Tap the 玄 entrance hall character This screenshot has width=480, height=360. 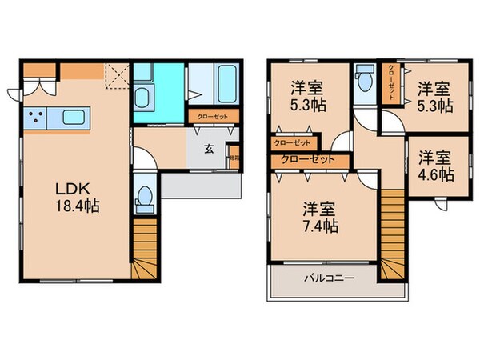[208, 148]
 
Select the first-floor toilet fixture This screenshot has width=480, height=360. [145, 197]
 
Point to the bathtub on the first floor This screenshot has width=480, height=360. [219, 82]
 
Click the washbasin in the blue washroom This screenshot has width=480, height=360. [145, 100]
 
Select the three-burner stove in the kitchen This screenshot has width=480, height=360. [36, 118]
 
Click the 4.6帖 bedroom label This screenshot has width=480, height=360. [434, 166]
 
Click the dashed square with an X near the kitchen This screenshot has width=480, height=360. [117, 77]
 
